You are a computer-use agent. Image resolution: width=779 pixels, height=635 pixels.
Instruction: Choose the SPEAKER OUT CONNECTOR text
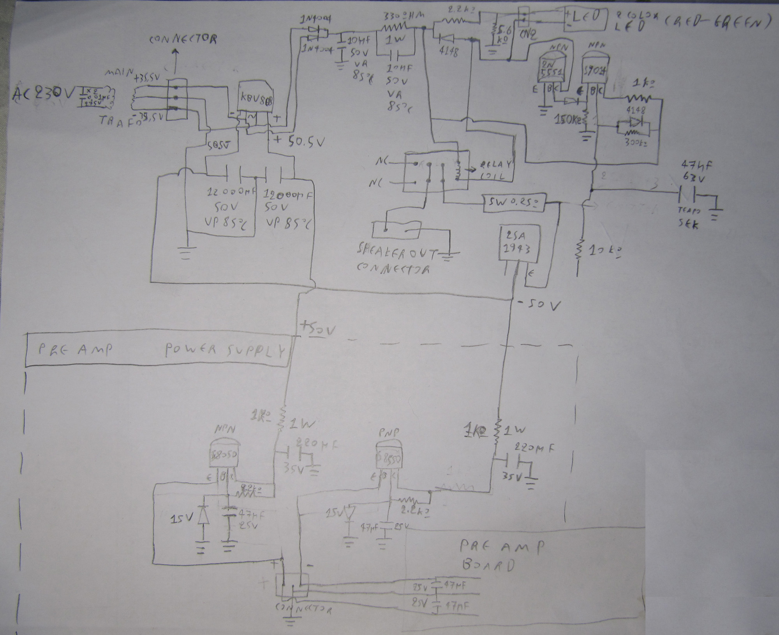pos(397,260)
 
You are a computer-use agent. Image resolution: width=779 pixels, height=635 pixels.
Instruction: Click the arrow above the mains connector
pos(174,58)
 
